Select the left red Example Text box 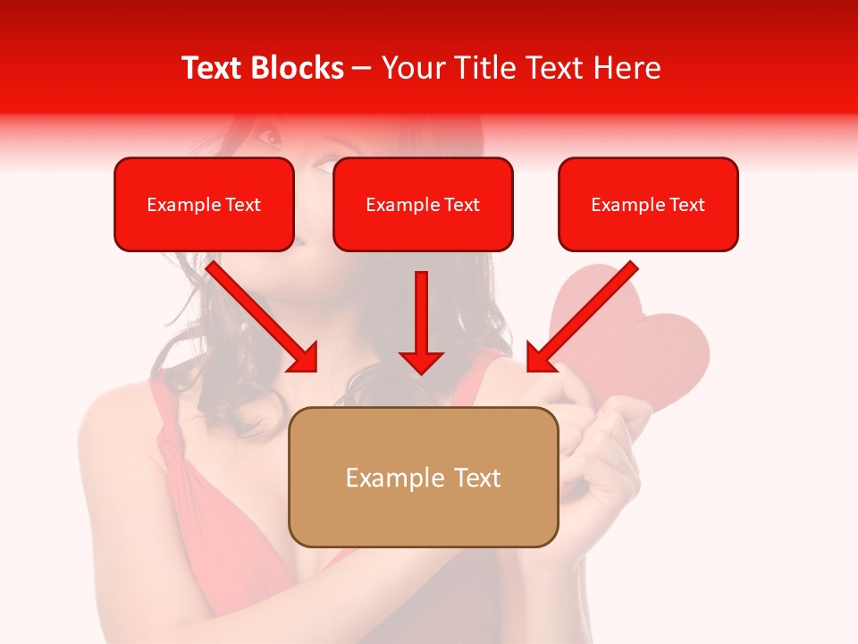coord(204,205)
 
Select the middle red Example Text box coord(423,205)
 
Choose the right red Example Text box coord(648,205)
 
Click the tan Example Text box coord(423,477)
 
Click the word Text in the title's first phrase coord(212,68)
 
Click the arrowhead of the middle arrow coord(422,361)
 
